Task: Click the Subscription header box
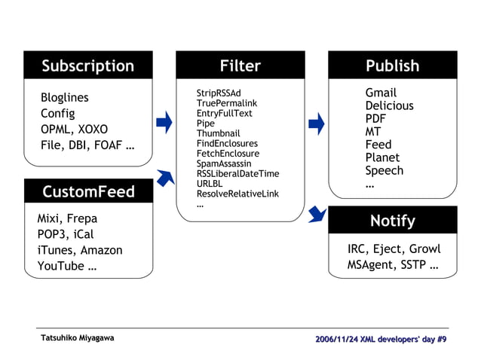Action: point(87,66)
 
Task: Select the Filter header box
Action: point(240,66)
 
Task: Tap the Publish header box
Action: point(392,66)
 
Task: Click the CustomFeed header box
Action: point(87,191)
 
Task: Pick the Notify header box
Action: point(392,221)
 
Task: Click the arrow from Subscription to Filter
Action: point(164,122)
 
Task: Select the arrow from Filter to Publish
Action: point(317,122)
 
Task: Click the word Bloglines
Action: point(64,98)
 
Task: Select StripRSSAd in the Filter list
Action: point(219,93)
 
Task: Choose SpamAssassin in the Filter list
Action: point(224,163)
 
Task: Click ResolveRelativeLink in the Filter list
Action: point(237,194)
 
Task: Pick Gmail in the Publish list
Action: point(381,93)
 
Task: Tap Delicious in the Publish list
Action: point(389,106)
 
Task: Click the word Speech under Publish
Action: point(384,171)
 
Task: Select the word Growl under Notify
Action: point(424,249)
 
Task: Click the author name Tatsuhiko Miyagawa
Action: point(78,338)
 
